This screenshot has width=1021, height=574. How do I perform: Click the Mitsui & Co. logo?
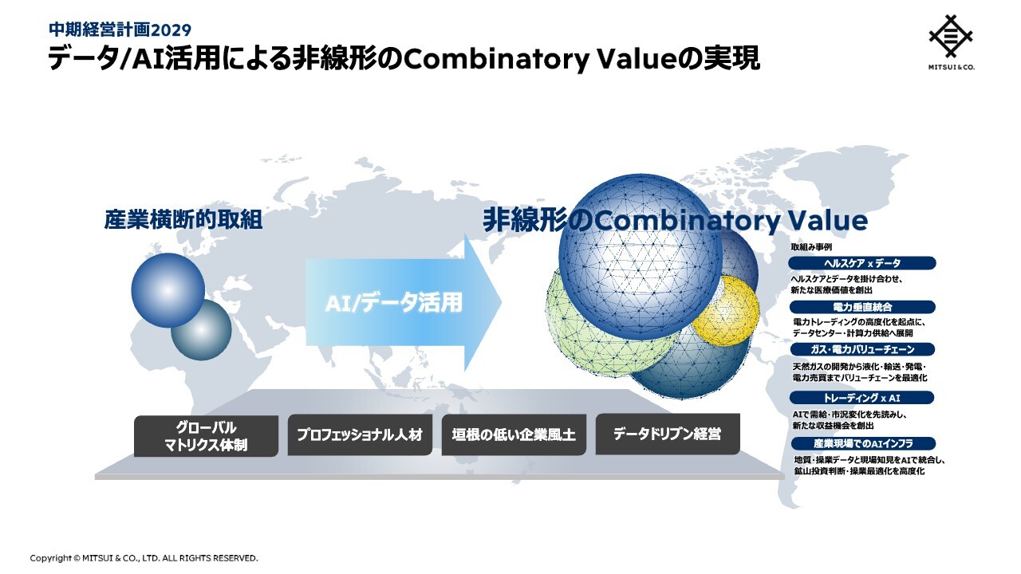click(x=952, y=42)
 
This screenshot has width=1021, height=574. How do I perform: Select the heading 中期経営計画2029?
click(x=120, y=30)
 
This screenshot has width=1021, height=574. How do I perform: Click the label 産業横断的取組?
click(x=183, y=219)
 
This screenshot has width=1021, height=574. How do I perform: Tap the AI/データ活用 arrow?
click(x=404, y=302)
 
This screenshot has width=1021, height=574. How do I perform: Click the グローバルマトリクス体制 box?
click(x=206, y=435)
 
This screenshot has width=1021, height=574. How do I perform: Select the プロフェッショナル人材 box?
click(x=360, y=434)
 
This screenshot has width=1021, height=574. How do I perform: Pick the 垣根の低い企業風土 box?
click(x=514, y=434)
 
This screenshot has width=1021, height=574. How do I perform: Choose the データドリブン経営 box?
click(x=668, y=434)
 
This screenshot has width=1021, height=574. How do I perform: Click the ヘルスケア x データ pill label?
click(x=862, y=263)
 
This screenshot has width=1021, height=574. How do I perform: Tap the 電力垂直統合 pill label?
click(x=862, y=307)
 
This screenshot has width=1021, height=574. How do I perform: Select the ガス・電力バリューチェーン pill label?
click(x=862, y=349)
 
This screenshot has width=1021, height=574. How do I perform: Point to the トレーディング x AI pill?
click(x=861, y=398)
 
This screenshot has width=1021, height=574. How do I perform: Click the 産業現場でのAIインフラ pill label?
click(x=863, y=443)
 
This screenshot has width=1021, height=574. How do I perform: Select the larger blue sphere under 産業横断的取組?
click(x=168, y=290)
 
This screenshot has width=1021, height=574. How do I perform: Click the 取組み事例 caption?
click(x=811, y=247)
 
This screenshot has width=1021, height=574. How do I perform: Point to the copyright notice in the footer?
click(x=144, y=558)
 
